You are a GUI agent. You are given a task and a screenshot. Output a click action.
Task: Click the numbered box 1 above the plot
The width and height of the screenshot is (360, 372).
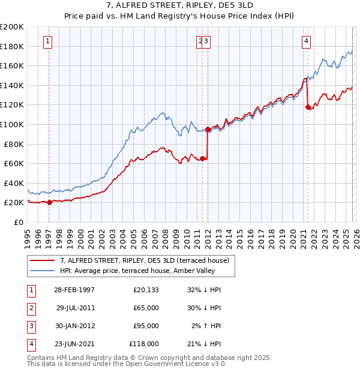47,41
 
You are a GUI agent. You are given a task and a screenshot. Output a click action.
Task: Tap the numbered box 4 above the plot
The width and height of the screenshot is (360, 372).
306,41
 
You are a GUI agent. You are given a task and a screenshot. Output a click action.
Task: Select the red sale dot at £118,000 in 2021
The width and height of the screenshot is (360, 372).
308,107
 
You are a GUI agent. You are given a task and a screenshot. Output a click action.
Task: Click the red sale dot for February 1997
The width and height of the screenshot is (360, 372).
50,202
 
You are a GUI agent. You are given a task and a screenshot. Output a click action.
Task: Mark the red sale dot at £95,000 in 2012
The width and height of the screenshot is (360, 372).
208,129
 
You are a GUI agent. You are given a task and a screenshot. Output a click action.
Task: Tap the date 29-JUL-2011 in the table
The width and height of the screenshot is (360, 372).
75,308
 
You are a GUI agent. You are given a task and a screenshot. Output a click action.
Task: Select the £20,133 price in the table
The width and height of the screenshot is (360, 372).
146,290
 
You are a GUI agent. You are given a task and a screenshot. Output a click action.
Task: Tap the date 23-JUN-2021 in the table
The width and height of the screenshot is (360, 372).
75,344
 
